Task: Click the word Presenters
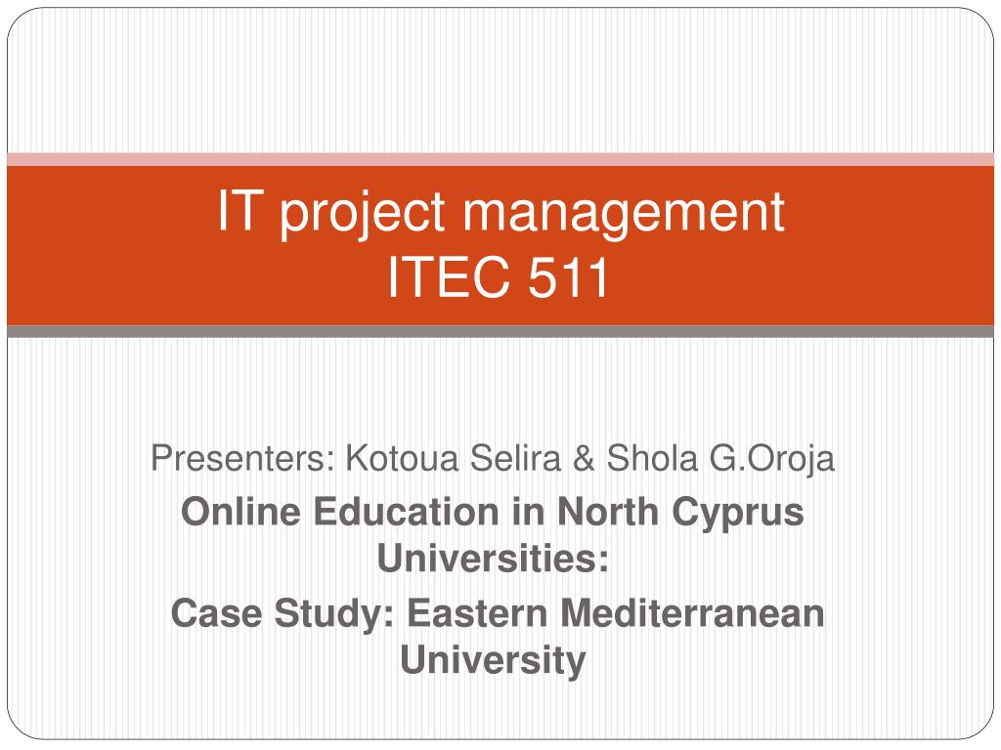239,457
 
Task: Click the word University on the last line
493,661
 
